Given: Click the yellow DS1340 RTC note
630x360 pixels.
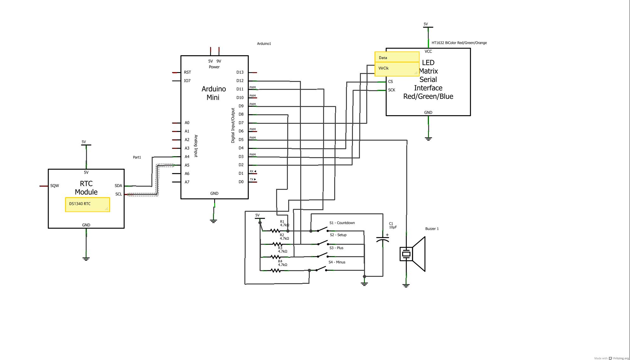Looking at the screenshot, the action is point(88,205).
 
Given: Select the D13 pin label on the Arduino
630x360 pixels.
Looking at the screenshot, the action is point(240,72).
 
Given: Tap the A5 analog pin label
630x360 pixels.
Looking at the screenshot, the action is point(187,165).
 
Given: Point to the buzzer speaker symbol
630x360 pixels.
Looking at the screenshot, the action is point(412,254).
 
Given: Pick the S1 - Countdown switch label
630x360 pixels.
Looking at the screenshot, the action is point(342,223).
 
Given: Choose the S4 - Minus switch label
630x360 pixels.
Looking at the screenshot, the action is point(337,262).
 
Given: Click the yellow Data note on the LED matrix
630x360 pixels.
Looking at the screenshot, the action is point(397,57).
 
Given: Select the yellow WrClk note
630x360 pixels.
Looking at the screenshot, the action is point(397,69).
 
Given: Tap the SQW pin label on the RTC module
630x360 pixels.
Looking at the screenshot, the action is point(55,186).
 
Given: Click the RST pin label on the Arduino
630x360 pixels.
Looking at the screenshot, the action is point(187,72).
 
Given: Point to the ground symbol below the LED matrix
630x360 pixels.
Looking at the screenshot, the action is point(428,138).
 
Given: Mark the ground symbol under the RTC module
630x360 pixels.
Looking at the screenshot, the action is point(86,258).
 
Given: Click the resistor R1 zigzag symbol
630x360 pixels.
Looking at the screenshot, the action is point(275,231).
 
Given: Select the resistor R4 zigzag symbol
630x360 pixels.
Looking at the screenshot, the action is point(275,270).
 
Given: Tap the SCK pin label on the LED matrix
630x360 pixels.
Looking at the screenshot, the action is point(392,90).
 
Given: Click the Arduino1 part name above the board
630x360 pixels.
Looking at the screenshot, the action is point(264,43).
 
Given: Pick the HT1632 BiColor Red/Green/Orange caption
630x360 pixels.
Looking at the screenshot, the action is point(459,43).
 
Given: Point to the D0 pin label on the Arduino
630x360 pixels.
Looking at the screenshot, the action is point(241,182).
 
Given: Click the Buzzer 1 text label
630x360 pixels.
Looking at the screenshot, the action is point(432,229).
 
